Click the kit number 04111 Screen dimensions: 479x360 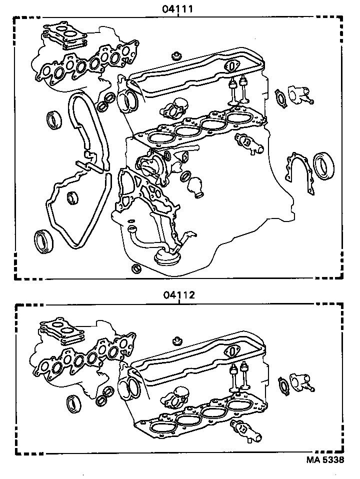[178, 9]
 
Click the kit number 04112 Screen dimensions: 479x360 [178, 295]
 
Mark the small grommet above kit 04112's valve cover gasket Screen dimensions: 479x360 [175, 342]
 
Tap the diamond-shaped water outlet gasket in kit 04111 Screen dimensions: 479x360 [282, 98]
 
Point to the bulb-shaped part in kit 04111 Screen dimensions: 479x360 [195, 186]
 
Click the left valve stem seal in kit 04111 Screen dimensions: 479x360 [232, 90]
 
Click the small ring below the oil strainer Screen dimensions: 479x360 [135, 270]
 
